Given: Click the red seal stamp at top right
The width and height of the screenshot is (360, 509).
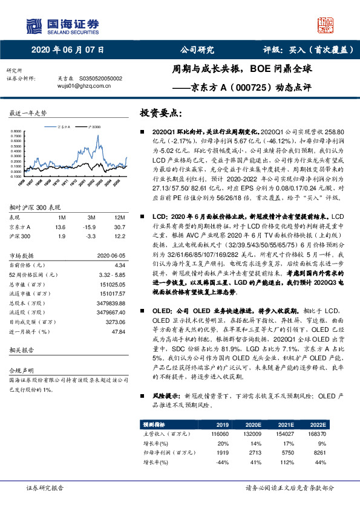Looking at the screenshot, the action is [325, 25].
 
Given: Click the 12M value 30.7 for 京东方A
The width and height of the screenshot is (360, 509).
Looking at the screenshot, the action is [119, 225].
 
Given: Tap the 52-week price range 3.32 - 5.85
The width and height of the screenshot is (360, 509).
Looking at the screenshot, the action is [111, 274].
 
